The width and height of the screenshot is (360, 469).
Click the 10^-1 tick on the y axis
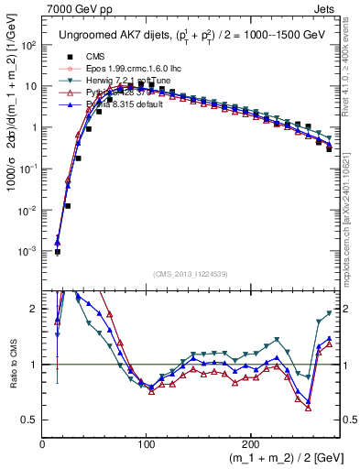tap(29, 169)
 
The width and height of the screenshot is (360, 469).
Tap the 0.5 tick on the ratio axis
tap(30, 420)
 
